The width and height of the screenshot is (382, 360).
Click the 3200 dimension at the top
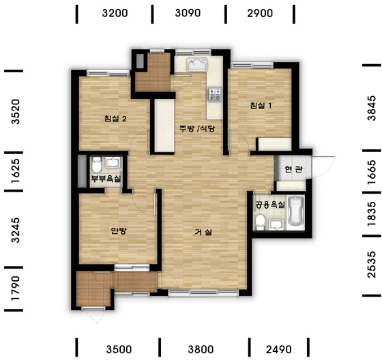coord(115,13)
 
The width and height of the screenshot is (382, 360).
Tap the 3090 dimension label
coord(188,13)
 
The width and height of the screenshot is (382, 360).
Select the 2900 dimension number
coord(260,13)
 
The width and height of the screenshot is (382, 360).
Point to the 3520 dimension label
coord(15,112)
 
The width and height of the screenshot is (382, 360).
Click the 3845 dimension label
coord(372,108)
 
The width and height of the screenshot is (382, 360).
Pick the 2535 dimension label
coord(372,265)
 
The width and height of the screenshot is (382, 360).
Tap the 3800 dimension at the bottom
coord(201,350)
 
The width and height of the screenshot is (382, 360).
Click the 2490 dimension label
coord(279,350)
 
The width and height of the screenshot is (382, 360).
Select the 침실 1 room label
coord(261,106)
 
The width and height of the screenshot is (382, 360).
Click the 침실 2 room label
coord(115,119)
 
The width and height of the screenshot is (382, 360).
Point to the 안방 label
coord(119,230)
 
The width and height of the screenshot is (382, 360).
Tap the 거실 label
coord(203,232)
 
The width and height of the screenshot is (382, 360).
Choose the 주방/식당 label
coord(197,128)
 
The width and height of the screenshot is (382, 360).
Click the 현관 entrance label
coord(294,169)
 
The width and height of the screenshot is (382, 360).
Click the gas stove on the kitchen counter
coord(215,94)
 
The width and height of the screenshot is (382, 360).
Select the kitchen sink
coord(197,65)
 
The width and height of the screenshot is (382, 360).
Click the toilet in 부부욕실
coord(97,164)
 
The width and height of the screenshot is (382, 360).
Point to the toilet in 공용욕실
coord(261,222)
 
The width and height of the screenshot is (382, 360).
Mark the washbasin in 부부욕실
coord(113,162)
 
